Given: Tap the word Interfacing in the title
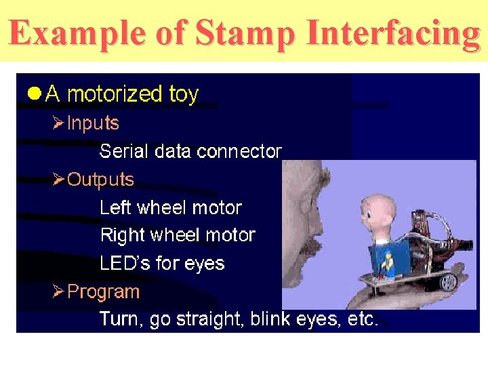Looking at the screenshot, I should click(x=393, y=32).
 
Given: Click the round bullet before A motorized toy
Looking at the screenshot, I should click(x=34, y=94).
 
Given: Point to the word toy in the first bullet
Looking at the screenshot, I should click(x=183, y=94).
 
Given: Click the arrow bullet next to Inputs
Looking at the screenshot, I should click(x=58, y=123).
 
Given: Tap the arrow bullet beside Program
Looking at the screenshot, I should click(x=58, y=292).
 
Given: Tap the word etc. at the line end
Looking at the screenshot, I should click(x=363, y=319).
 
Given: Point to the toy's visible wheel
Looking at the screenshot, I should click(x=448, y=281).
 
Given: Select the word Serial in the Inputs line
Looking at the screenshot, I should click(x=124, y=151).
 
